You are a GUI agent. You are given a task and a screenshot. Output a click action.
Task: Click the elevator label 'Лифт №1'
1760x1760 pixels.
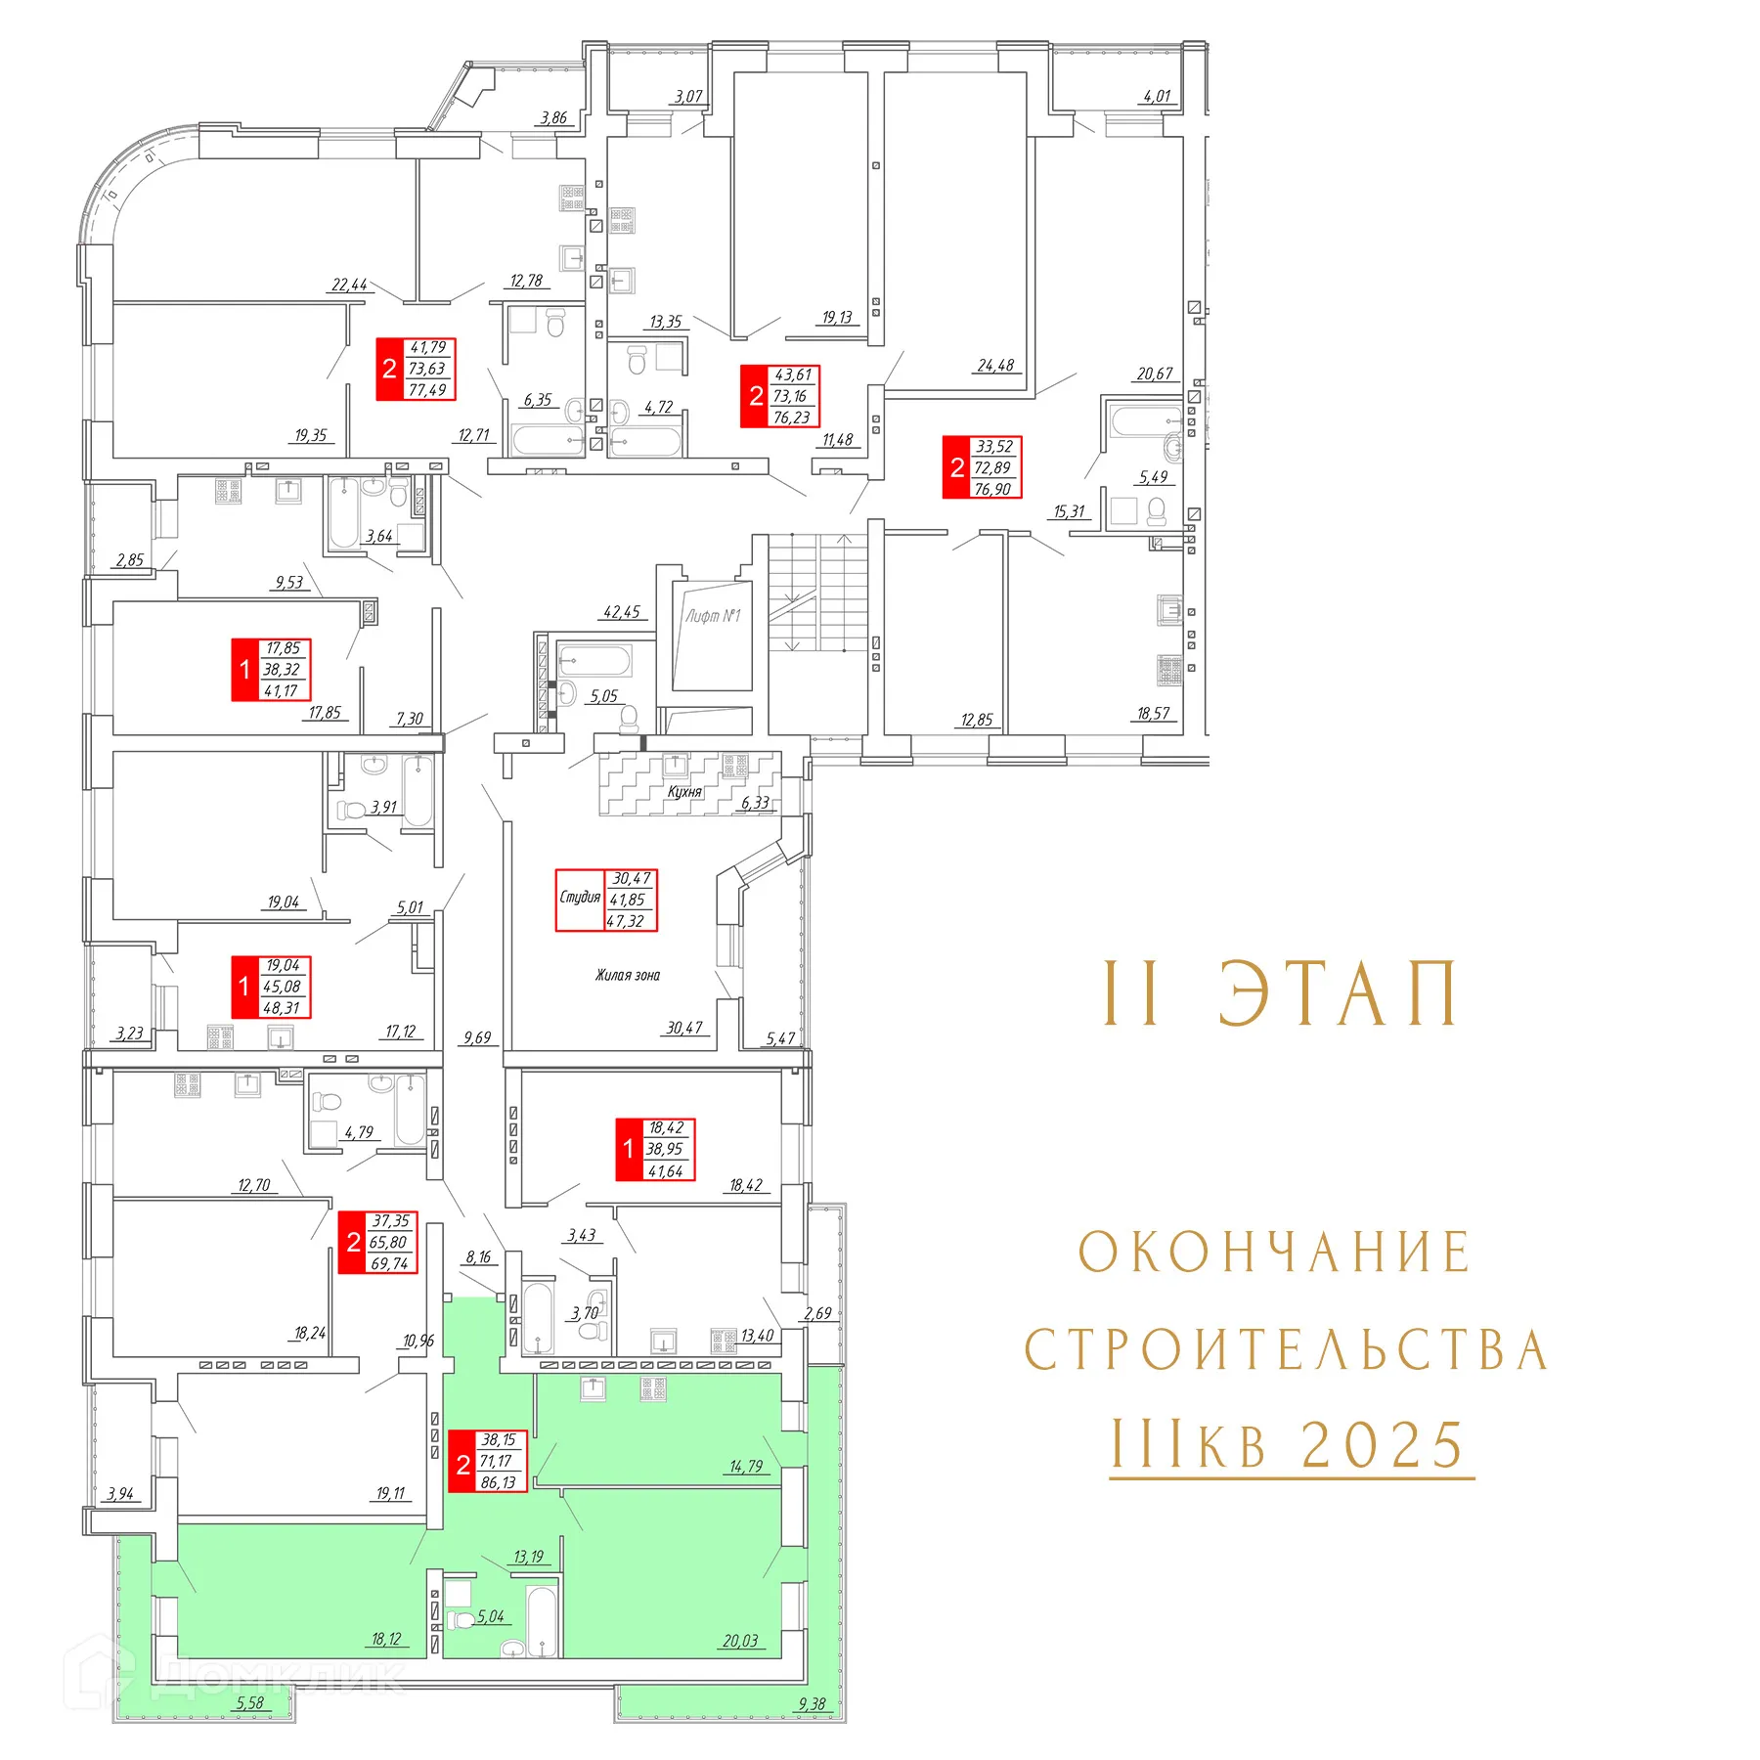(x=713, y=616)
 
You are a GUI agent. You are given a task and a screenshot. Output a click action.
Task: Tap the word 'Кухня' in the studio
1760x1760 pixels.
(x=684, y=792)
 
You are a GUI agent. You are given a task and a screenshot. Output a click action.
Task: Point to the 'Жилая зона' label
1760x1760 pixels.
(x=628, y=975)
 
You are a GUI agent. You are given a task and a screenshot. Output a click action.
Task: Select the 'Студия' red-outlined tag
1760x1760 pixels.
(x=606, y=900)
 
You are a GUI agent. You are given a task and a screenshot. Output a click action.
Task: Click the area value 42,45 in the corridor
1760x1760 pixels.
(x=621, y=612)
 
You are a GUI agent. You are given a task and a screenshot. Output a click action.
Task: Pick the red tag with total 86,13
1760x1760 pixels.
(x=488, y=1461)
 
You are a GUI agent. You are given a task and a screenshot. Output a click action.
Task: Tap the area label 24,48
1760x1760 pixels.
(x=995, y=366)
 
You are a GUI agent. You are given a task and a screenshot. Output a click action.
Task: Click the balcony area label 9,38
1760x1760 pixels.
(x=812, y=1704)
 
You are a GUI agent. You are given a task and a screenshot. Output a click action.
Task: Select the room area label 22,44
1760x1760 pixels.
(x=349, y=286)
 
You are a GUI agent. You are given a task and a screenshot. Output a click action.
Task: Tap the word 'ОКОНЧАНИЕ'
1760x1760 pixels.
(x=1275, y=1253)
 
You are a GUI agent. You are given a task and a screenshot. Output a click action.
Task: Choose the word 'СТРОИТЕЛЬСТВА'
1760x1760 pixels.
(x=1286, y=1350)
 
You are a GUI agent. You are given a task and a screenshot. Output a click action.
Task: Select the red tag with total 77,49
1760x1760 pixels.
(x=417, y=370)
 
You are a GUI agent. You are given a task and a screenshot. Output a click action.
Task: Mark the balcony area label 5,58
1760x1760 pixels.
(x=249, y=1703)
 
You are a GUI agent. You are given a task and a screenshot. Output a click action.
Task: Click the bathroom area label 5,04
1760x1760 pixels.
(x=491, y=1616)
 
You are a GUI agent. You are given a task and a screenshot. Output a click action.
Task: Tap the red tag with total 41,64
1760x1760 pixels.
(x=655, y=1150)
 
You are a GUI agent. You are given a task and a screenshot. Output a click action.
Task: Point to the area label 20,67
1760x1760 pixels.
(x=1154, y=374)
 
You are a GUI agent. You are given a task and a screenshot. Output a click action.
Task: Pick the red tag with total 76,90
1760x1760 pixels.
(x=982, y=467)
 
